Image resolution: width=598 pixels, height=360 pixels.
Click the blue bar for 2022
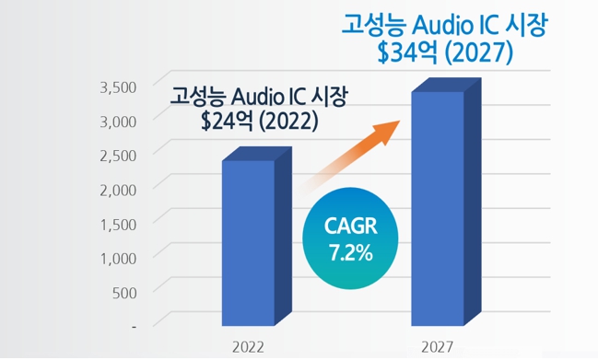click(x=248, y=243)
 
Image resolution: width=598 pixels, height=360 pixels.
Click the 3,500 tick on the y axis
click(x=118, y=87)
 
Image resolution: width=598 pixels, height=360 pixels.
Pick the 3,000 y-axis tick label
click(x=118, y=120)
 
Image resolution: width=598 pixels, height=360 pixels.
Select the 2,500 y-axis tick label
click(x=118, y=154)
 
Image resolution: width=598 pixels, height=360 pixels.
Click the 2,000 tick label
click(x=118, y=188)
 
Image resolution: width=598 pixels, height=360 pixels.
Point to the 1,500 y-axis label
click(x=118, y=222)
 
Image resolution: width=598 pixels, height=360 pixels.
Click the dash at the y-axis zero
click(x=134, y=325)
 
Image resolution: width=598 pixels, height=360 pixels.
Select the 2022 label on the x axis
click(x=247, y=348)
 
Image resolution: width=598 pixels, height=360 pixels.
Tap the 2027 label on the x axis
click(x=437, y=348)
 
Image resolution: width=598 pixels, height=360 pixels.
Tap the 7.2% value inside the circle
click(x=351, y=250)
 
